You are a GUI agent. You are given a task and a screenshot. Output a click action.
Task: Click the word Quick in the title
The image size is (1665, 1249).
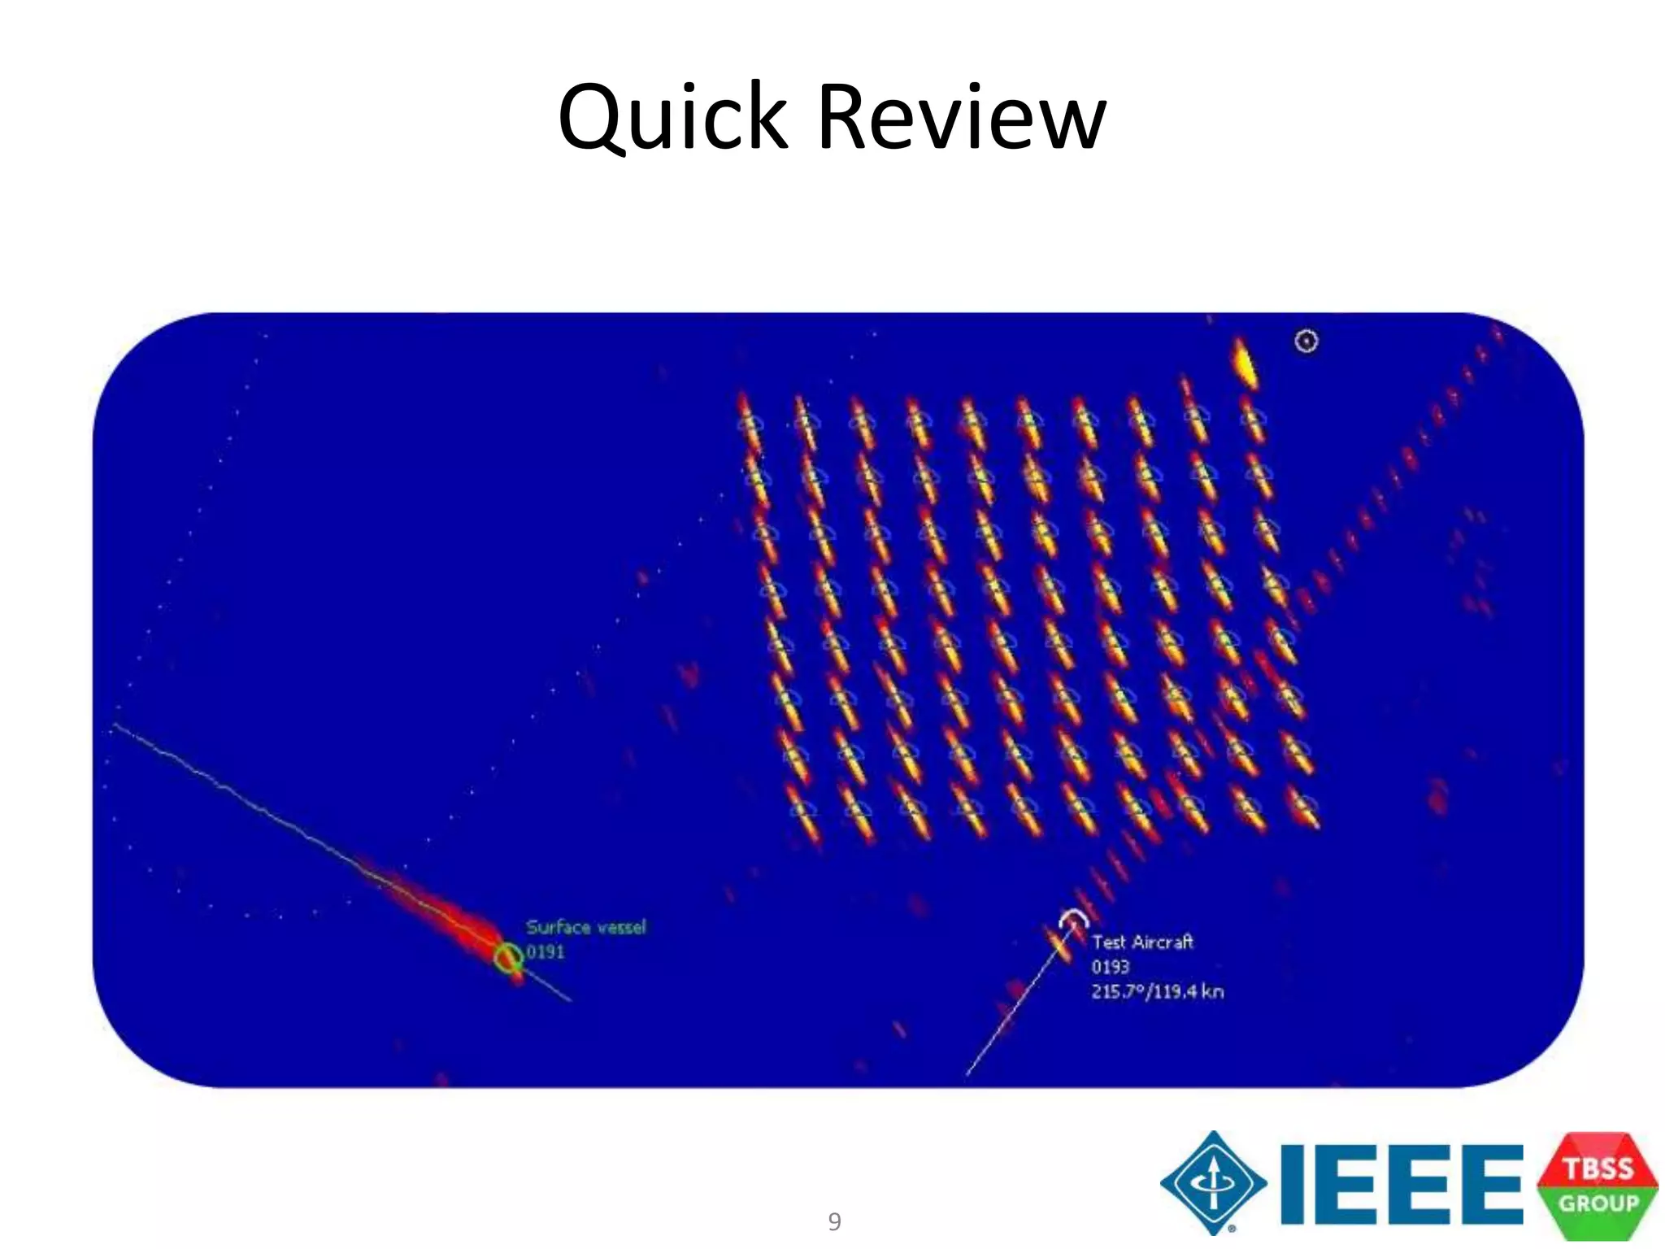[x=673, y=118]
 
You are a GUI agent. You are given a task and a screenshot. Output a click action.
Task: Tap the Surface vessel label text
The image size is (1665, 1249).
[x=585, y=927]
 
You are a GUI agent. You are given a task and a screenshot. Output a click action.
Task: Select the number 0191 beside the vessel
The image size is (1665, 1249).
[x=545, y=951]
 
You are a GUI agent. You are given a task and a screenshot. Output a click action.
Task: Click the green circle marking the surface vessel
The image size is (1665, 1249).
[x=509, y=958]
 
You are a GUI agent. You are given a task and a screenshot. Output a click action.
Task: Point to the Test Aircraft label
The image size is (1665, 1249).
[x=1142, y=942]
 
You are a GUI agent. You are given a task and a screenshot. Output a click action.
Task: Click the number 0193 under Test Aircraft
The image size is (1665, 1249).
[x=1110, y=967]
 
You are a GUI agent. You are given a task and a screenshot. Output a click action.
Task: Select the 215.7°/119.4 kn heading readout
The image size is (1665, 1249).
[x=1157, y=991]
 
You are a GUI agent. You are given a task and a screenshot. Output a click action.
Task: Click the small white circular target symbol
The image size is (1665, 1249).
[x=1306, y=341]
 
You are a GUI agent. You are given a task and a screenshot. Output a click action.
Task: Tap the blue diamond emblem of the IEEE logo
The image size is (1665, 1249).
[x=1213, y=1183]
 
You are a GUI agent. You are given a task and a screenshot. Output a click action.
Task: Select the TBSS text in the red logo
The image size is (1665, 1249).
[x=1598, y=1168]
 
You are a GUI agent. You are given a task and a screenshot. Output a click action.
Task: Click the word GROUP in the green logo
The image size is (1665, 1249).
[x=1598, y=1203]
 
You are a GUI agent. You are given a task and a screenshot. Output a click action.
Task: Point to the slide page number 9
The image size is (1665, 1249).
[x=834, y=1221]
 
